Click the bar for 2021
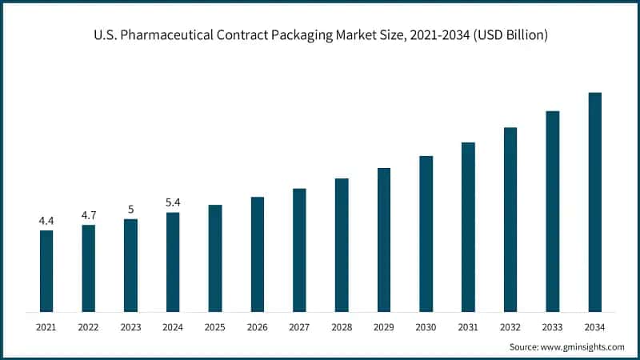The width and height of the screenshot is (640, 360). click(46, 271)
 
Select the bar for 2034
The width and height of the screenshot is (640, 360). click(595, 202)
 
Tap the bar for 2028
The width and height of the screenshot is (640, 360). click(342, 245)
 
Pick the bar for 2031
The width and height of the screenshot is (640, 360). click(468, 227)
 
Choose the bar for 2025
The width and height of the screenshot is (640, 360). click(215, 258)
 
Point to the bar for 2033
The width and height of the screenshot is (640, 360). click(553, 211)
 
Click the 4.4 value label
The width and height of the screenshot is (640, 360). click(46, 220)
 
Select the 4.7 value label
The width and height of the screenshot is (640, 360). click(88, 214)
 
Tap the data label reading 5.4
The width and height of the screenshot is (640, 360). click(173, 202)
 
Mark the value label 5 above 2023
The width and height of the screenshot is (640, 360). click(130, 209)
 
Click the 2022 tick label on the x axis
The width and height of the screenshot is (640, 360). click(88, 326)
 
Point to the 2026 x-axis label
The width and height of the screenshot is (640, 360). click(257, 326)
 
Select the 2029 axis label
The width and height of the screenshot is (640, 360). click(384, 326)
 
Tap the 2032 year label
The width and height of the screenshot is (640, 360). click(510, 326)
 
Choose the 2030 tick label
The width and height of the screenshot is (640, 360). click(426, 326)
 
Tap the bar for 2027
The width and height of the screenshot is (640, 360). click(299, 250)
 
